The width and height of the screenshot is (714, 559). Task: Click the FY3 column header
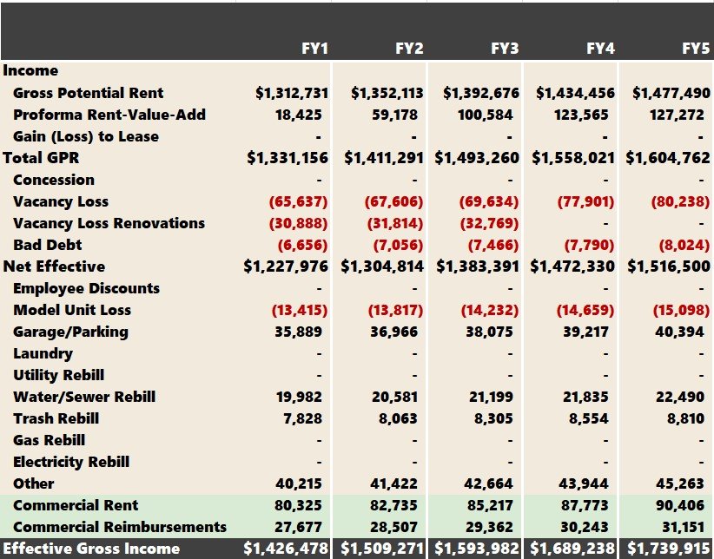[x=505, y=49]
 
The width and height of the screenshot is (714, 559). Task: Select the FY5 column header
[x=696, y=49]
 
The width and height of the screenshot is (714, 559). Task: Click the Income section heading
[x=31, y=71]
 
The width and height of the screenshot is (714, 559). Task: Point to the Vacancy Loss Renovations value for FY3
[x=489, y=223]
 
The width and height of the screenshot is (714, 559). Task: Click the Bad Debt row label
[x=48, y=245]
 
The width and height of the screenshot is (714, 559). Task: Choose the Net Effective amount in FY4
[x=574, y=266]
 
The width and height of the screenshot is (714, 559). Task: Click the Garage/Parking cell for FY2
[x=399, y=332]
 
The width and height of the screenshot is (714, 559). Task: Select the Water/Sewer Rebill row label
[x=84, y=397]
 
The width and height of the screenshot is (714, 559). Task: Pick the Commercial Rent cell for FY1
[x=303, y=505]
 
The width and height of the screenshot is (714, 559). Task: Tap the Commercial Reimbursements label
[x=120, y=527]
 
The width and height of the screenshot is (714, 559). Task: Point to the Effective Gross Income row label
[x=91, y=549]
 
